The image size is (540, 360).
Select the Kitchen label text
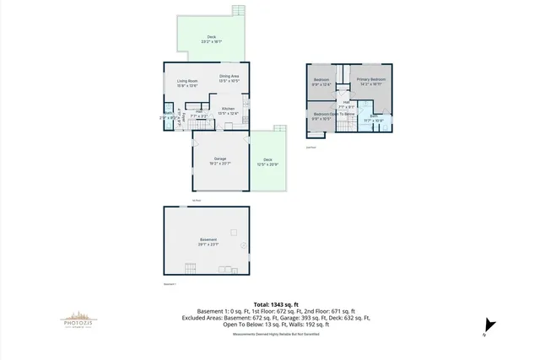tap(229, 110)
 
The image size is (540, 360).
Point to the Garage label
tap(220, 161)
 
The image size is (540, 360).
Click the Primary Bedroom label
tap(372, 81)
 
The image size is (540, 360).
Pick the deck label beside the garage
tap(267, 161)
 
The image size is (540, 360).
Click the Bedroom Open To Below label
tap(331, 116)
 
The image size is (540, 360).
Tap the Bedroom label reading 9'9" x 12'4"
tap(321, 81)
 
